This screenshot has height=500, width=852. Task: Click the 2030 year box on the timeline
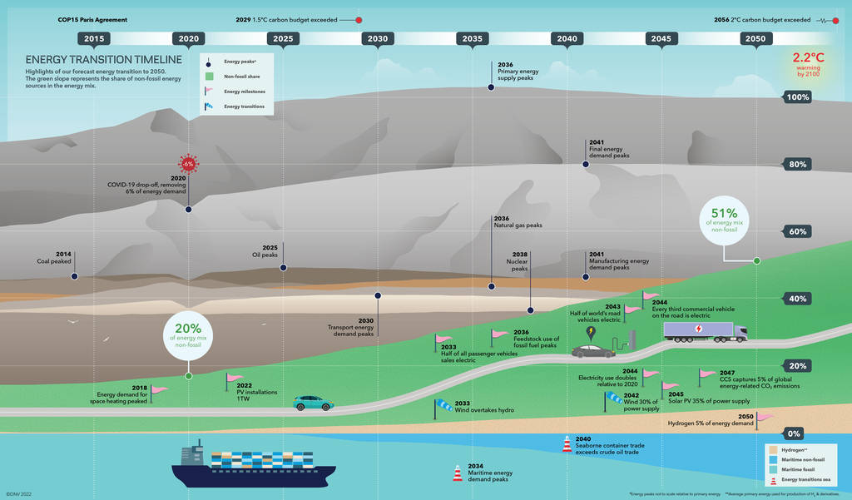[x=377, y=38]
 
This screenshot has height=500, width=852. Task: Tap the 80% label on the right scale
[x=798, y=164]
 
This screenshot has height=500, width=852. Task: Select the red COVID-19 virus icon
[x=188, y=164]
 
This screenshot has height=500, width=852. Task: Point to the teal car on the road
[x=313, y=403]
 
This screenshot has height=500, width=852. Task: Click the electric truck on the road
[x=705, y=332]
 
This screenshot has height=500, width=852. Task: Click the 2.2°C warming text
[x=810, y=64]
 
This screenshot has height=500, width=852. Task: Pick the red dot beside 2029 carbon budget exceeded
[x=359, y=19]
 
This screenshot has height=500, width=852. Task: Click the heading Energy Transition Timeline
[x=103, y=60]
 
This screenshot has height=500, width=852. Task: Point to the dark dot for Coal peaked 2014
[x=74, y=275]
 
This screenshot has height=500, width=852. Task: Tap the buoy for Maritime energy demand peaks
[x=457, y=473]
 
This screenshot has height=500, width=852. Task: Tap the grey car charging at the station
[x=593, y=350]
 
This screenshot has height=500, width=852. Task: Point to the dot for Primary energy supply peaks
[x=491, y=87]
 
